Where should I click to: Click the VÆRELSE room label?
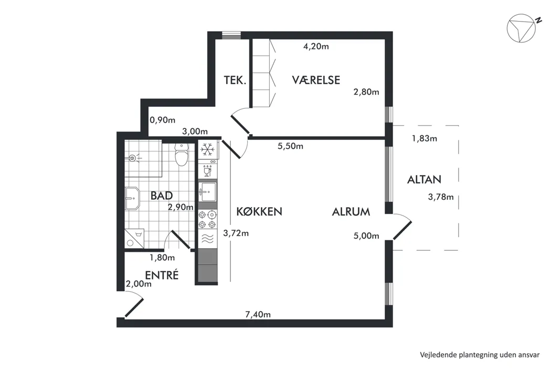click(316, 80)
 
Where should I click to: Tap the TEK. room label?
click(235, 80)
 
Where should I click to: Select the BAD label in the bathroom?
click(161, 196)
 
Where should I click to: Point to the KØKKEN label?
click(259, 211)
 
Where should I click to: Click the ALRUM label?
click(351, 212)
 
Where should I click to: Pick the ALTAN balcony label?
click(424, 180)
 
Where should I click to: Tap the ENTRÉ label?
click(162, 274)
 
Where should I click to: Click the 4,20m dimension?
click(316, 46)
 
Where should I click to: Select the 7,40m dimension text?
click(258, 314)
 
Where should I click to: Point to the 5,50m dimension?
click(290, 146)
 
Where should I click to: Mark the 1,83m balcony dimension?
click(424, 138)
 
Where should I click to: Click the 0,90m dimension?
click(162, 120)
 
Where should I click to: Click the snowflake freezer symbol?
click(208, 150)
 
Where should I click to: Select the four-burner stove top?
click(207, 219)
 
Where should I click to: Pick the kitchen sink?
click(207, 192)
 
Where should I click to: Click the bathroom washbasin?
click(132, 198)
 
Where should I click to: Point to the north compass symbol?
click(522, 28)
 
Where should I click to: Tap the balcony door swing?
click(402, 227)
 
